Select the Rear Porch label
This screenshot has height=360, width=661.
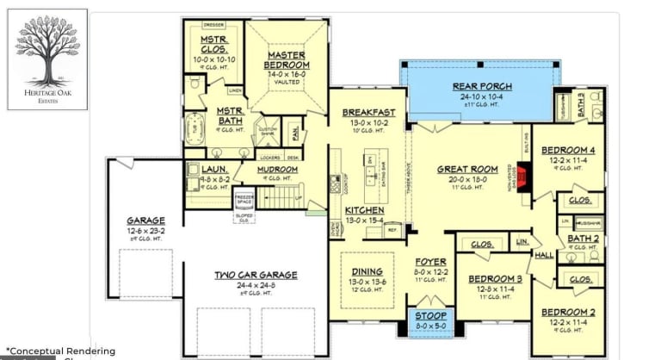[x=482, y=87]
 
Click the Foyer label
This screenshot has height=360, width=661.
[x=430, y=262]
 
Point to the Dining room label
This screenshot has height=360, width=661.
[x=367, y=272]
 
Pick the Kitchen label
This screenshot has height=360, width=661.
[x=365, y=210]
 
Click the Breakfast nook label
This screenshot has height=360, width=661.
[x=368, y=113]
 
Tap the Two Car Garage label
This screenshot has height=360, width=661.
[x=256, y=276]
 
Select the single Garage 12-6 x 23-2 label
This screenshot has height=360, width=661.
[x=145, y=220]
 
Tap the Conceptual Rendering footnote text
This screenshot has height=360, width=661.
[x=60, y=351]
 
